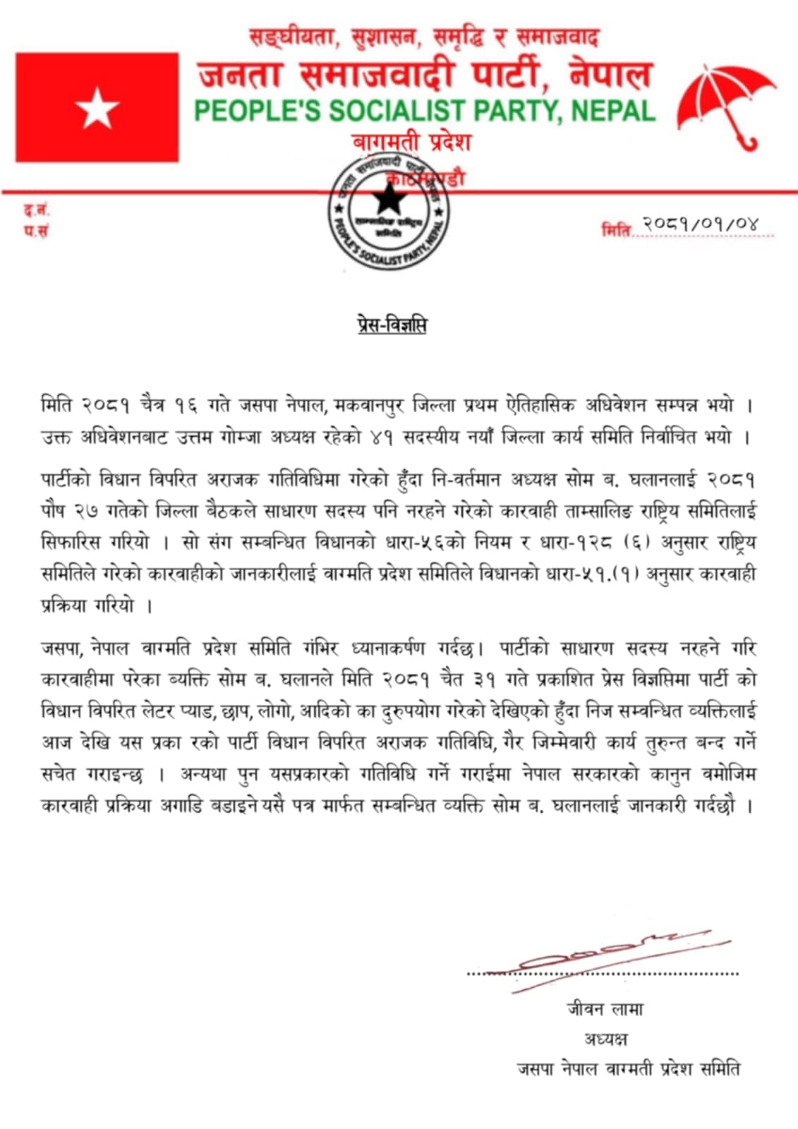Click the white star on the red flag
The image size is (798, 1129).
(97, 108)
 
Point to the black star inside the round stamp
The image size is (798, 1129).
(387, 200)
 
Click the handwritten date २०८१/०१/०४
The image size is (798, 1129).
(700, 224)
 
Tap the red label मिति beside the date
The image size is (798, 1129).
(615, 229)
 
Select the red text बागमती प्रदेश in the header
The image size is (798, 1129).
(411, 142)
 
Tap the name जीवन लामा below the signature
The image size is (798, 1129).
(605, 1009)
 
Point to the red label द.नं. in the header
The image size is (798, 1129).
(37, 210)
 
